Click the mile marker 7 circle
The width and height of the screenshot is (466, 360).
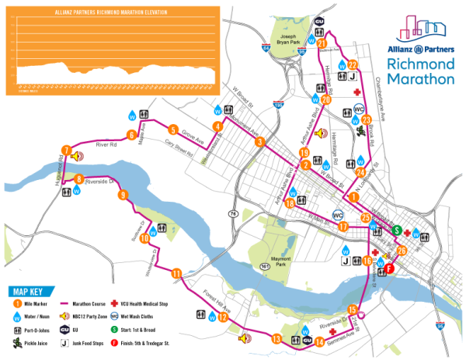[67, 151]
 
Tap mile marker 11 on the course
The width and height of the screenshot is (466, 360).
[177, 273]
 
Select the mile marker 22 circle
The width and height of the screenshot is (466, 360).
[353, 65]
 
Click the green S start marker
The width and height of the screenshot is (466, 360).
[396, 230]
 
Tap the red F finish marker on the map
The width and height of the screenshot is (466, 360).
[390, 268]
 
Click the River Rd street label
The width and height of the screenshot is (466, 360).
[106, 144]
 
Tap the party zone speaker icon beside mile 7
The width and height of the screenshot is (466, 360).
[77, 156]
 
